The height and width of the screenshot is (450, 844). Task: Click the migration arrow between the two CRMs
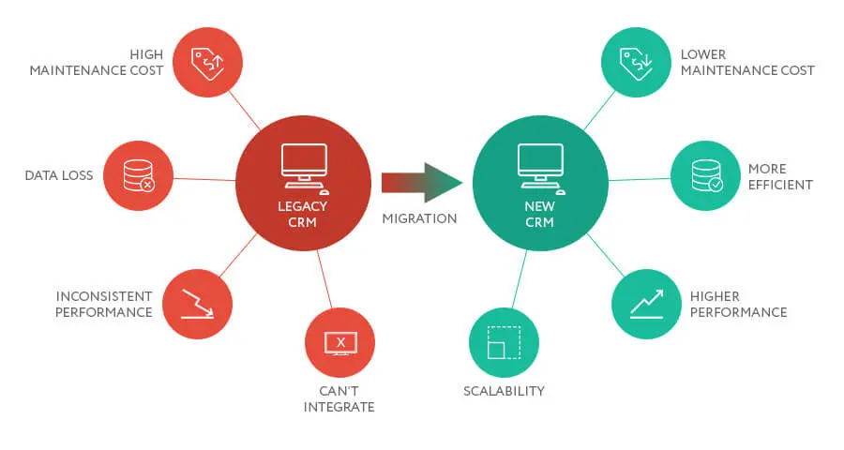[422, 182]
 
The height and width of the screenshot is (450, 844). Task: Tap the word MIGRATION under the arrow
[419, 218]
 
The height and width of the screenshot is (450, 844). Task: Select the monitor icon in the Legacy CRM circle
[304, 163]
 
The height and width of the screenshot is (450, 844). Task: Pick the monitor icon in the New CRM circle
[540, 163]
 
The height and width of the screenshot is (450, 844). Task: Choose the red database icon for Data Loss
[138, 175]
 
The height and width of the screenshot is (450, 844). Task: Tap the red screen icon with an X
[339, 342]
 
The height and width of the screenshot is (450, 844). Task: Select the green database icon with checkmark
[705, 175]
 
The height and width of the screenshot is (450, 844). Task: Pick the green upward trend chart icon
[646, 304]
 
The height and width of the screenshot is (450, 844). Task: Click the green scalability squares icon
[504, 342]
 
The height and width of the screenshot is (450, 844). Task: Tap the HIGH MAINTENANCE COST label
[97, 62]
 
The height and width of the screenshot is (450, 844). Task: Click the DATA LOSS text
[59, 175]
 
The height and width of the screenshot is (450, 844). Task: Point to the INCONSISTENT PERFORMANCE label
[103, 305]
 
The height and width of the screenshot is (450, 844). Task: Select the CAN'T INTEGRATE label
[339, 398]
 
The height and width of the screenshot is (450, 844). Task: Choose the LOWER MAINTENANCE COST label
[747, 62]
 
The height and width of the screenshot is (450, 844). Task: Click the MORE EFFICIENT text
[780, 176]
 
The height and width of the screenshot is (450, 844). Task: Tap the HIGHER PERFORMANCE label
[738, 305]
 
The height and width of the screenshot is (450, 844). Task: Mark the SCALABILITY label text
[504, 391]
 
